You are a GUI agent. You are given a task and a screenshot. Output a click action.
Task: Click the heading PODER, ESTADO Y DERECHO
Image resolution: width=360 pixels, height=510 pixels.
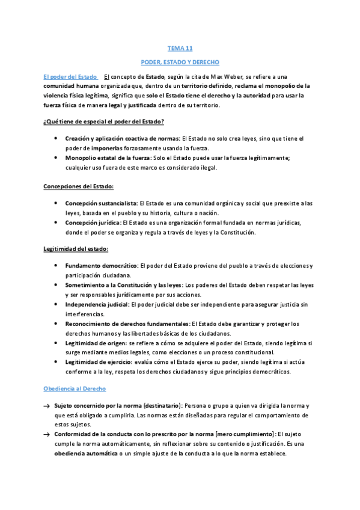coord(180,62)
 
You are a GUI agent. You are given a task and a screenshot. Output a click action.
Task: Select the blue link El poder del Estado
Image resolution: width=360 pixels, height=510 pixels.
coord(70,77)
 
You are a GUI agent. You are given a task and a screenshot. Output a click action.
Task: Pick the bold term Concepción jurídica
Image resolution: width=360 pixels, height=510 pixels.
coord(92,223)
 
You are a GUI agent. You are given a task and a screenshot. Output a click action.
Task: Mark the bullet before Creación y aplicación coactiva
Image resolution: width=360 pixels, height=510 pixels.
coord(56,139)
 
